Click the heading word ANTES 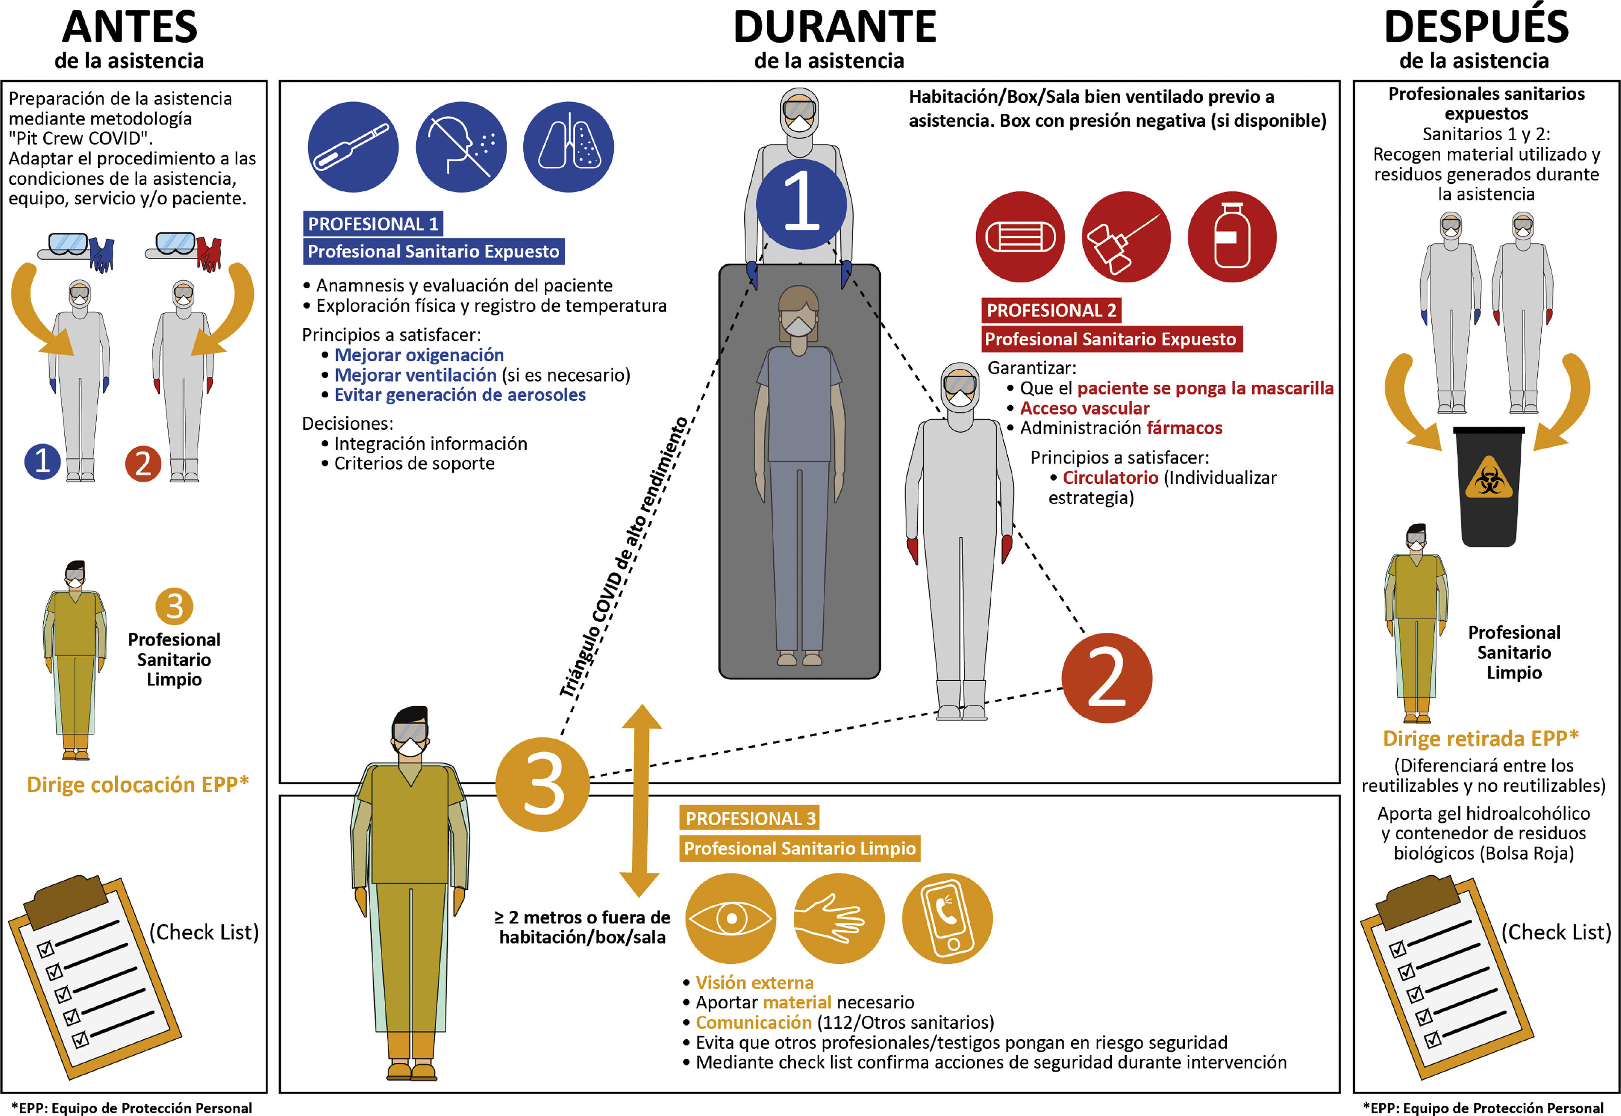coord(129,28)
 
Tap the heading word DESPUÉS coord(1476,28)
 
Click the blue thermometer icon coord(353,147)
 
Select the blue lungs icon coord(569,147)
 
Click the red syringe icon coord(1126,237)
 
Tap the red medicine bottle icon coord(1232,237)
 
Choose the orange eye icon coord(731,918)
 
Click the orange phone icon coord(947,918)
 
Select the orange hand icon coord(838,918)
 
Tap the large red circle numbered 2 coord(1106,677)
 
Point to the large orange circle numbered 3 coord(543,784)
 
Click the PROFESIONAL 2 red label coord(1051,310)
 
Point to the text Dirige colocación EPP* coord(138,784)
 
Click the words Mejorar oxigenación coord(419,355)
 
